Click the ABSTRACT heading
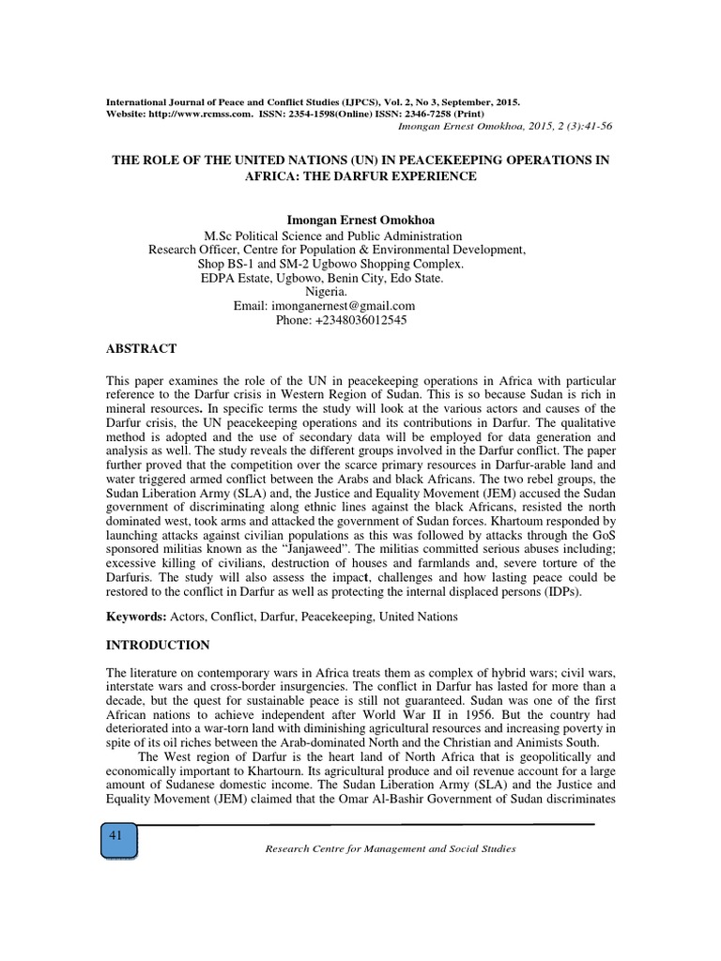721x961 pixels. [142, 348]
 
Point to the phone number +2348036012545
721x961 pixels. [342, 320]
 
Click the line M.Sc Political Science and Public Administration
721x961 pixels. [332, 236]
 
